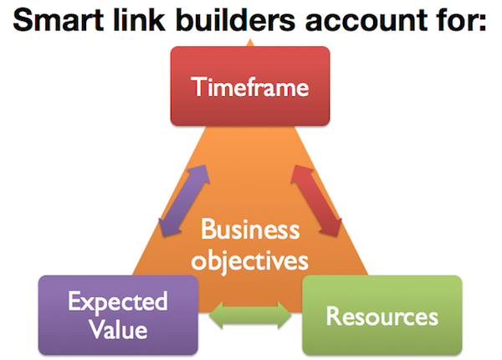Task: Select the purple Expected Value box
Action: [119, 314]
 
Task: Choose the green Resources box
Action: [382, 316]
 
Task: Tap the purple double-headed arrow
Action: [182, 200]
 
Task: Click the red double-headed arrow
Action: [317, 200]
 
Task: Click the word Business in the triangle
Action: [250, 229]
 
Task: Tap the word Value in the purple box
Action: [119, 329]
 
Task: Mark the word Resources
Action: [382, 316]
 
